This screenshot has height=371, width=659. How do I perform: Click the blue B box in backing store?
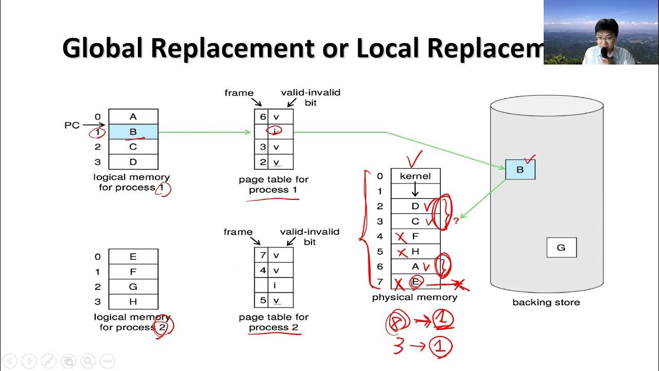coord(520,170)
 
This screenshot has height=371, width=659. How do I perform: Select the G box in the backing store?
coord(561,247)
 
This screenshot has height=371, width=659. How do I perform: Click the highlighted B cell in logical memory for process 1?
coord(133,132)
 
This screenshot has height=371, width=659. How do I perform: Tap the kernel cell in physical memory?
coord(415,176)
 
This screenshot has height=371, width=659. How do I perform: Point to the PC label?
coord(72,125)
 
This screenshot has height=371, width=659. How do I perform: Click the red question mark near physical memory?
coord(456,221)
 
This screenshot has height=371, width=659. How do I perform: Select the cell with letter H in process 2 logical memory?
coord(133,301)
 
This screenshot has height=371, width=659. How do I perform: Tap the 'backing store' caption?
coord(546,302)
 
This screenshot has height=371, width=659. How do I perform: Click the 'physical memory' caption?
coord(414,297)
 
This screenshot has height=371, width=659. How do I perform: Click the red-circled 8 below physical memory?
coord(396,323)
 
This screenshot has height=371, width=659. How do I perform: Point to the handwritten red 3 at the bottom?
coord(398,346)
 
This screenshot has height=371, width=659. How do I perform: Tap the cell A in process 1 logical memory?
coord(133,117)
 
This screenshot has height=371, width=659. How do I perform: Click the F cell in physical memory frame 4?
coord(415,237)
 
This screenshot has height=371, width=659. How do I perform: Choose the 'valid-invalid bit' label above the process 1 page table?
coord(310,97)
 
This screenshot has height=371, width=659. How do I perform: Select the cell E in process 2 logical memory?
coord(133,257)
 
